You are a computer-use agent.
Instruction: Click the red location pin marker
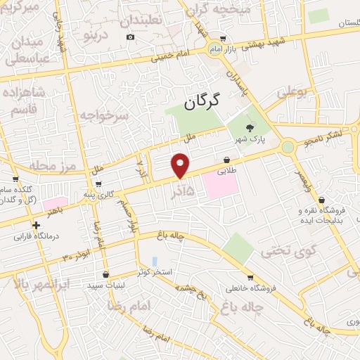(181, 165)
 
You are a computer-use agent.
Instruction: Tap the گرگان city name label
(202, 102)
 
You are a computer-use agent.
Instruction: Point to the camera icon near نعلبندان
(130, 37)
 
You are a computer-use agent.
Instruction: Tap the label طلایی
(227, 170)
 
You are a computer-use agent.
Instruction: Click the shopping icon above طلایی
(227, 160)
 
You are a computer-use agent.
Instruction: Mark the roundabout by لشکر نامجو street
(287, 147)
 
